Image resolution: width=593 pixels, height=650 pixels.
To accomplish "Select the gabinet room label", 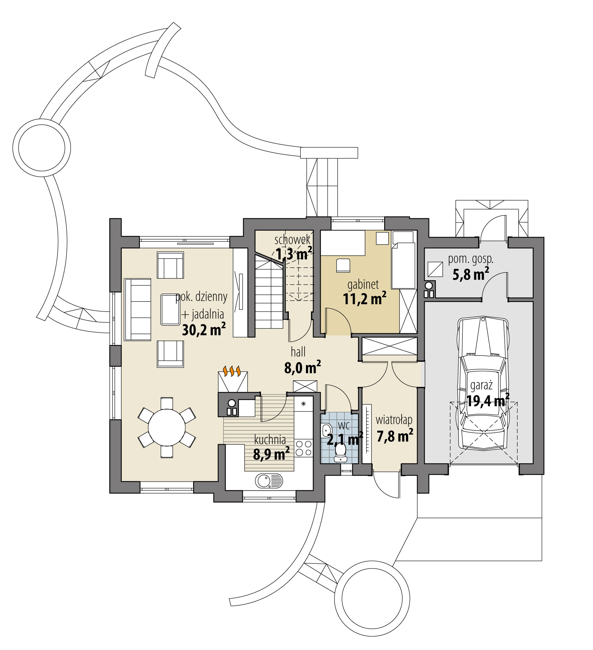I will click(363, 285).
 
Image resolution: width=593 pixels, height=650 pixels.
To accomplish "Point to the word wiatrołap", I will click(394, 419).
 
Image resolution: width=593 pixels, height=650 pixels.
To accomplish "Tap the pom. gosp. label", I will click(470, 259).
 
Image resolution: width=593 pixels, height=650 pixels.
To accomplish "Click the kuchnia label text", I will click(270, 439).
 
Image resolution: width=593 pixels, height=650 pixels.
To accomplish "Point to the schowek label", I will click(292, 240).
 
